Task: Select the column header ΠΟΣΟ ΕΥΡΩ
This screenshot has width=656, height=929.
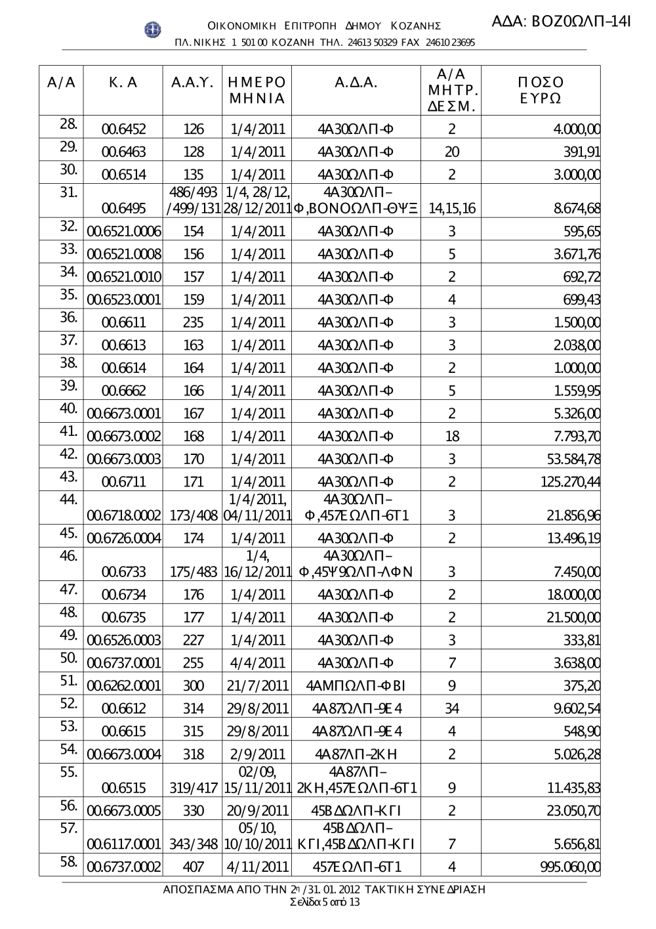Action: point(540,91)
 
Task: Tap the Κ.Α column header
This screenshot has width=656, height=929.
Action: point(123,83)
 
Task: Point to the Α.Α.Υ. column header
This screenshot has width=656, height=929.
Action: point(192,83)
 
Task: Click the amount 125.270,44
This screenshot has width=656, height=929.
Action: point(570,482)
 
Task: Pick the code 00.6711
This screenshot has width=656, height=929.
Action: point(123,482)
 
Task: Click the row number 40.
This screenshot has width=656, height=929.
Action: point(69,408)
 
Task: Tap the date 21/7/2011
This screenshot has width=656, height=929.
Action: point(258,685)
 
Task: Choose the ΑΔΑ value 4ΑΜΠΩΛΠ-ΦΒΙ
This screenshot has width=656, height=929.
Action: point(356,685)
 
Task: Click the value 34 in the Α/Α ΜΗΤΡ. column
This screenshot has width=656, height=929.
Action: point(451,708)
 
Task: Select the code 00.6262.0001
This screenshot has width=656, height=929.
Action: point(123,685)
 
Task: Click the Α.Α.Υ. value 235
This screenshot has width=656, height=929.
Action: point(193,322)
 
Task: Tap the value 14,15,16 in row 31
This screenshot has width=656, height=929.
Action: point(451,209)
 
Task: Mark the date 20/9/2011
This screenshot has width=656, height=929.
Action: point(258,810)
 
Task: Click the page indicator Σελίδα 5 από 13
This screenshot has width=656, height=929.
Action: point(324,902)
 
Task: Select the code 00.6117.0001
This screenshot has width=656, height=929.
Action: point(123,843)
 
